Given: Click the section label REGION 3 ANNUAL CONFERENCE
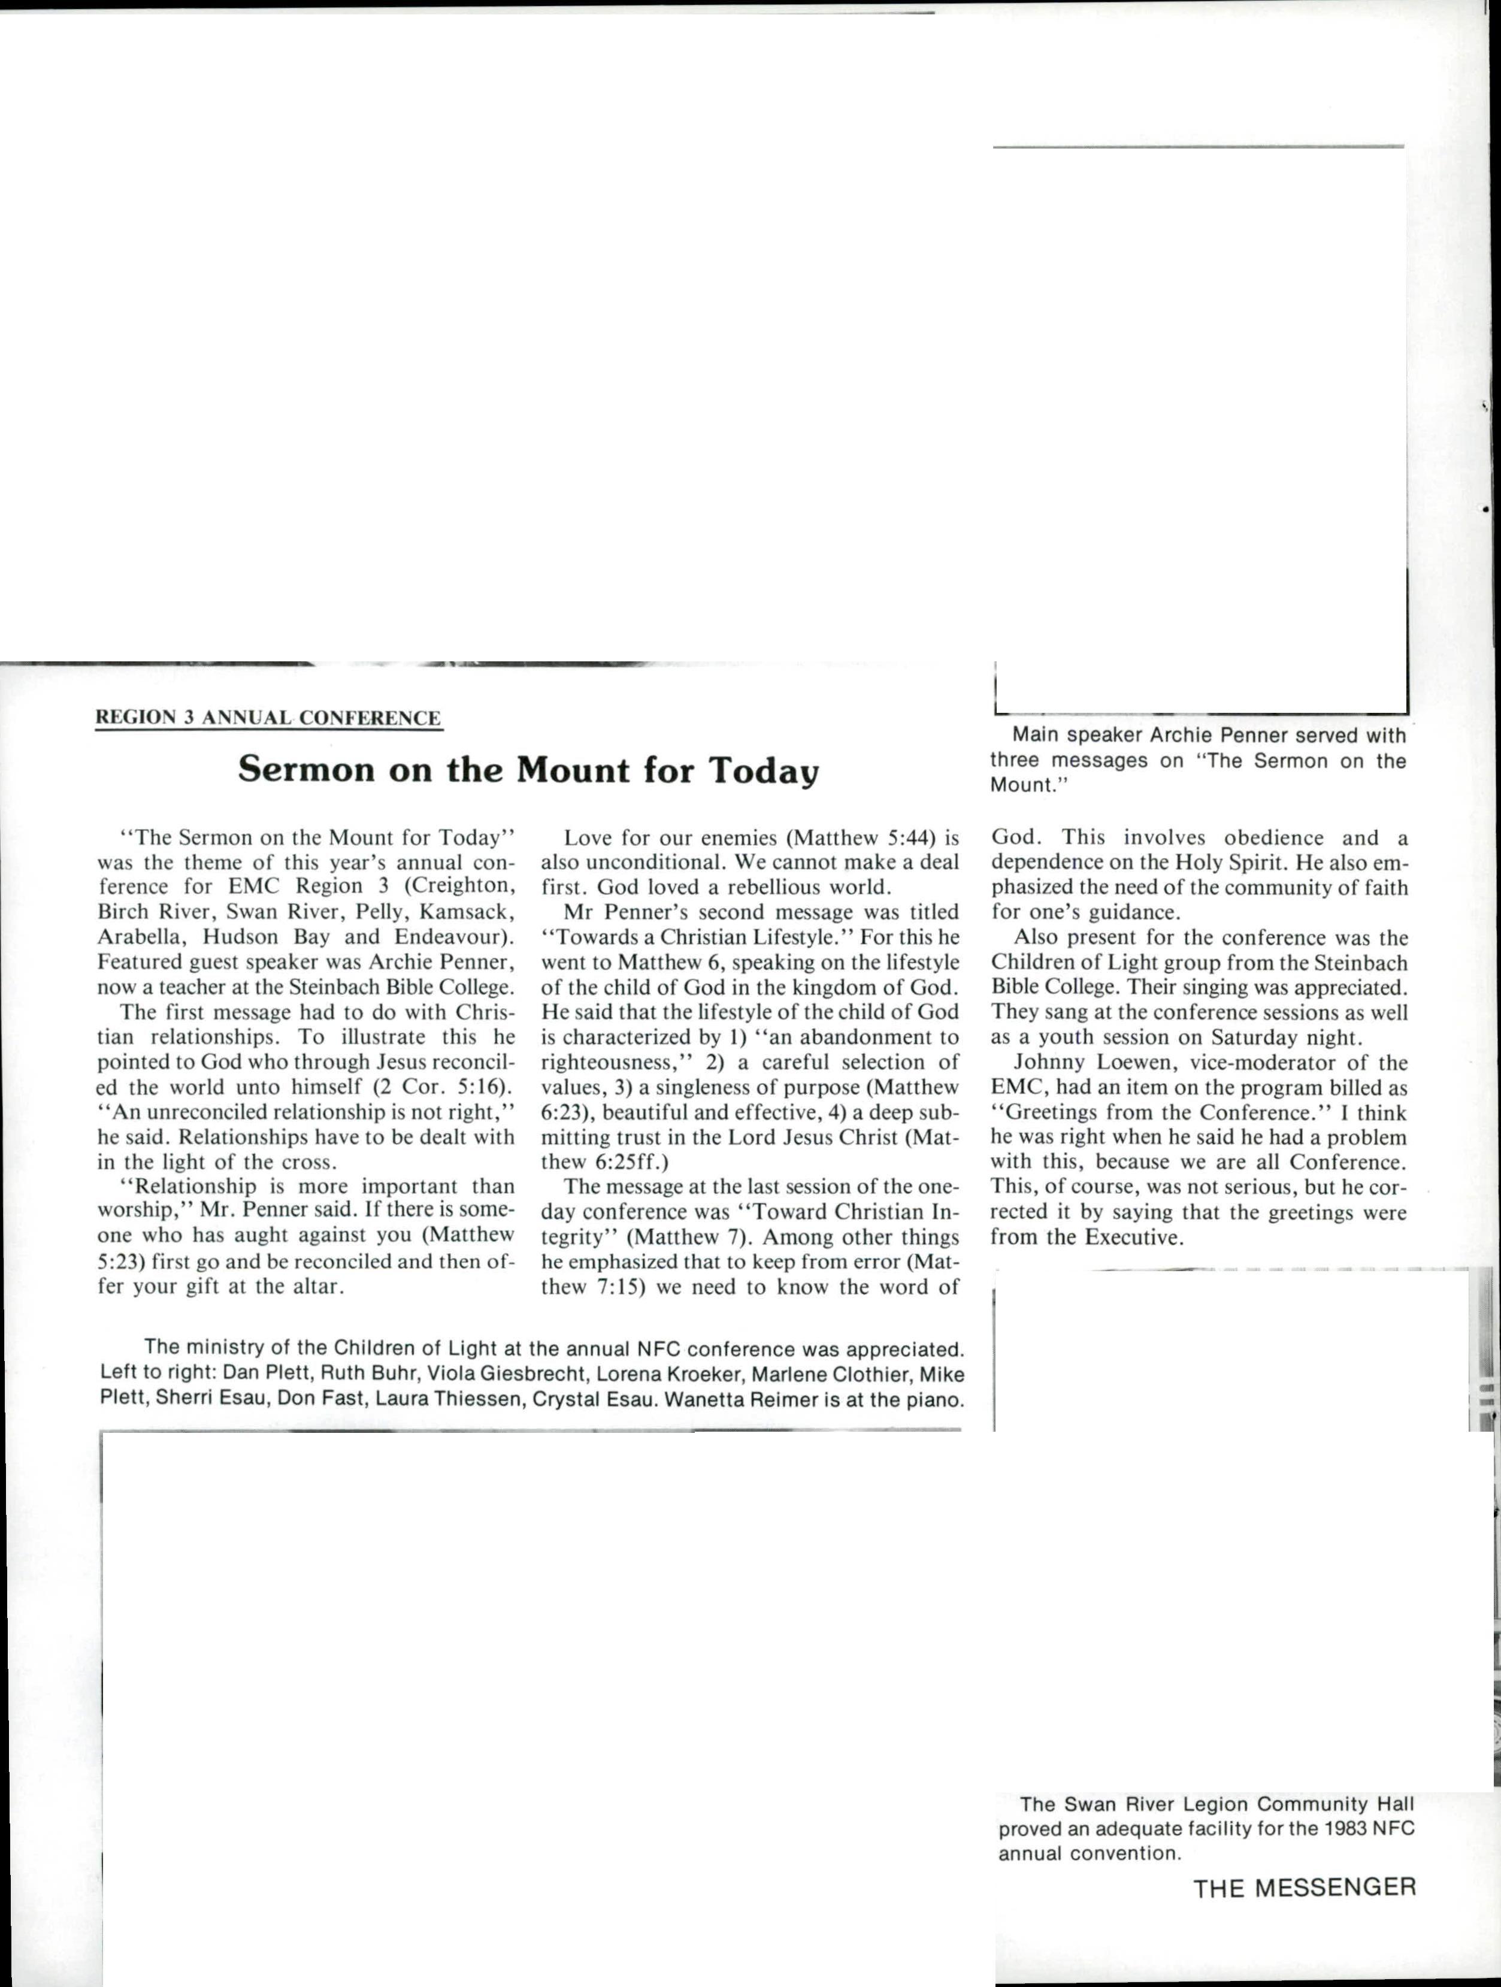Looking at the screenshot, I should (x=268, y=718).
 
